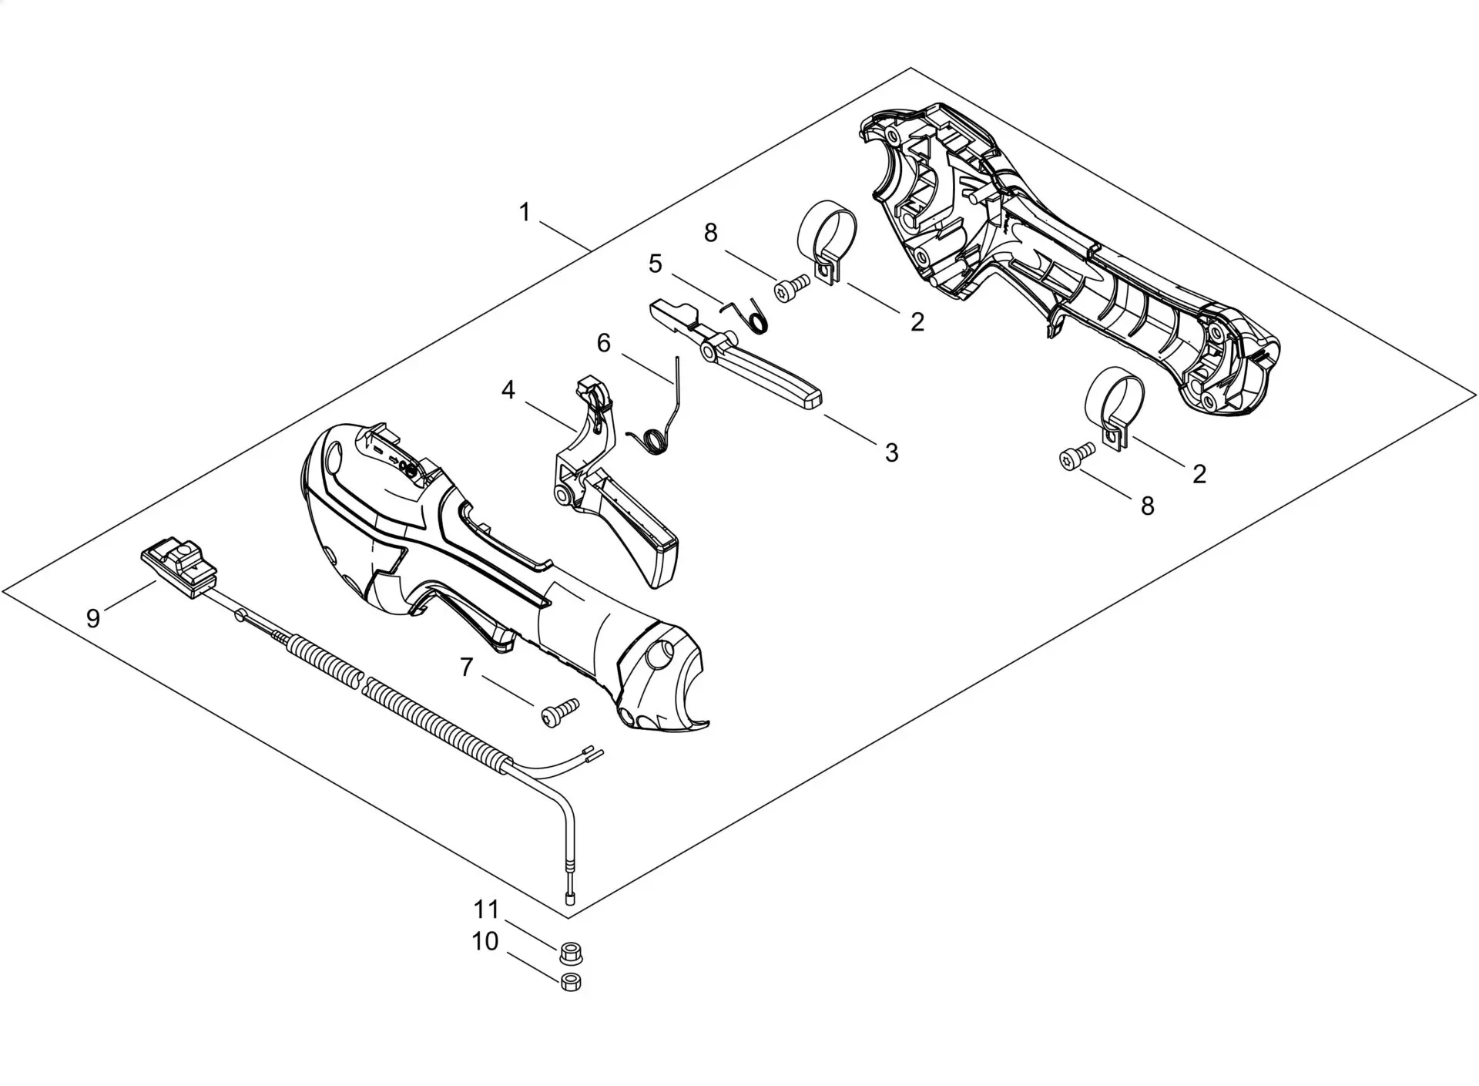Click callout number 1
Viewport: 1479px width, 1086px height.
point(525,212)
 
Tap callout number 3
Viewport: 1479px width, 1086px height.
point(891,452)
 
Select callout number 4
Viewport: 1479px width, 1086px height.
point(508,391)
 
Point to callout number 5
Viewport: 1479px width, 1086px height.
point(655,264)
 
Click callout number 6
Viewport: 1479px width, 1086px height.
point(603,343)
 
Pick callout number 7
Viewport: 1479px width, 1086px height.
point(466,667)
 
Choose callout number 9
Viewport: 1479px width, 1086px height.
point(93,618)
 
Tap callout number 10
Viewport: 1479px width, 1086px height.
point(485,941)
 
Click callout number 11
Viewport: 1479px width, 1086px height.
point(486,909)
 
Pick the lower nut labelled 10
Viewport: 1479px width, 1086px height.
point(571,982)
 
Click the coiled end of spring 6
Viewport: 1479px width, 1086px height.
point(652,442)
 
